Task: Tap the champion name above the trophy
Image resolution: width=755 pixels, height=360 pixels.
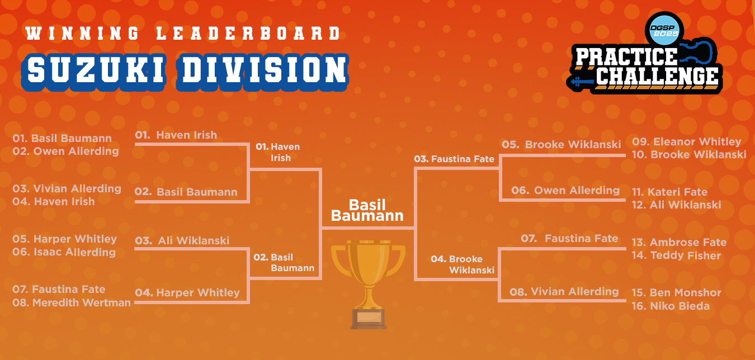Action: (x=367, y=210)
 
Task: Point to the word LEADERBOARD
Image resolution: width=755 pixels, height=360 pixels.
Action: (x=248, y=34)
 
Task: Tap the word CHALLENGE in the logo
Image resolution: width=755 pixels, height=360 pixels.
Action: (x=657, y=77)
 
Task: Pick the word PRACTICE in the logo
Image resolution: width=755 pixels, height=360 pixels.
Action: (x=626, y=56)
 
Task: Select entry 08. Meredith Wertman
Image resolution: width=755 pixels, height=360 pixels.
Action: (x=72, y=303)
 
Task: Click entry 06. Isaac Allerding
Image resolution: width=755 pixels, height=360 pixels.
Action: (x=64, y=252)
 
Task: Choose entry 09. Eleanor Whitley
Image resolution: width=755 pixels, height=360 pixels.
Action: (x=687, y=142)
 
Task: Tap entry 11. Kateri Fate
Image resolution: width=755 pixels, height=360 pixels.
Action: (x=670, y=192)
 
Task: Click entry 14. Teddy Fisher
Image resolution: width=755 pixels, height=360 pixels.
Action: (x=676, y=255)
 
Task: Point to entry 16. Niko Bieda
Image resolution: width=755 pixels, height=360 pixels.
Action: (x=671, y=306)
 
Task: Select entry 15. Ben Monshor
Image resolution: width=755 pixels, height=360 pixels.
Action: (x=677, y=293)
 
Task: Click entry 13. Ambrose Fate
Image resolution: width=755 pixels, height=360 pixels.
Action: (x=679, y=242)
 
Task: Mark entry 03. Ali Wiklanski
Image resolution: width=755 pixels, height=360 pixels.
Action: (x=182, y=240)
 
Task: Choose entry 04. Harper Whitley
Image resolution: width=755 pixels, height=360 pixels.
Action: (x=187, y=293)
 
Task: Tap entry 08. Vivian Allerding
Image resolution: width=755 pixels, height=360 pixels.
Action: (x=564, y=292)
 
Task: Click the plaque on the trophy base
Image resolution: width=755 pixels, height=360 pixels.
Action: (x=369, y=318)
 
